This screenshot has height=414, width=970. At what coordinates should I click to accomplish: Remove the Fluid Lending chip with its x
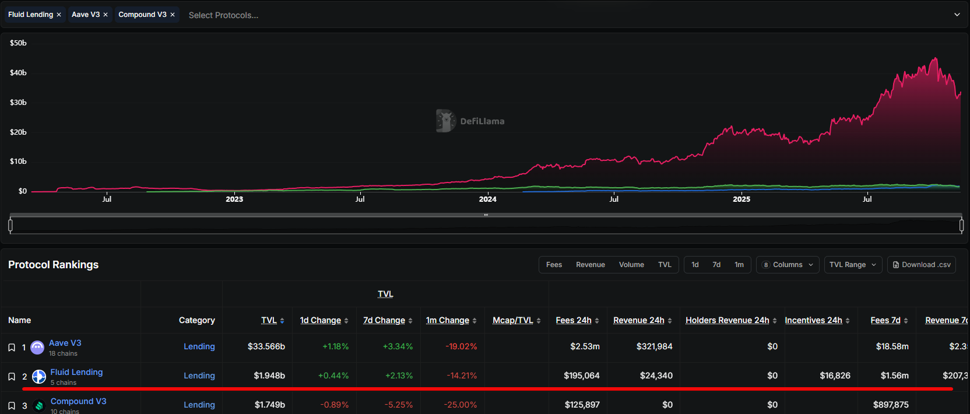59,15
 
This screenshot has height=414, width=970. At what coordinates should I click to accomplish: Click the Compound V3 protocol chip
142,15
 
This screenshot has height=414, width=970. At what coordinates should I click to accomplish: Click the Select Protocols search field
223,15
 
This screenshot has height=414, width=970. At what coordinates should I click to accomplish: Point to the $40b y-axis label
18,73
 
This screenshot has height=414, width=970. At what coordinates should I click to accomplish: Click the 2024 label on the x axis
487,199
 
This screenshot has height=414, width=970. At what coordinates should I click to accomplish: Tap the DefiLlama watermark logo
446,121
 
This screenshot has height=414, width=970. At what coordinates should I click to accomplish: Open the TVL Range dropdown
853,265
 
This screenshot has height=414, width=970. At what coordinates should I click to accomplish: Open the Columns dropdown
788,265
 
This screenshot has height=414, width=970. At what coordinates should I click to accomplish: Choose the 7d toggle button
716,265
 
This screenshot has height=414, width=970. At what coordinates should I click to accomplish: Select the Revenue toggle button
591,265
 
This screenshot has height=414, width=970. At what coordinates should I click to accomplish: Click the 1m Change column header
448,320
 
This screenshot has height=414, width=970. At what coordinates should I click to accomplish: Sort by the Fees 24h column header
574,320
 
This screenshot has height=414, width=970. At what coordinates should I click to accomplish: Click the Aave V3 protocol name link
65,343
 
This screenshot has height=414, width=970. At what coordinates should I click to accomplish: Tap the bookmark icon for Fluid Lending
12,377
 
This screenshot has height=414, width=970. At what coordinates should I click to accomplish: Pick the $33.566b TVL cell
266,346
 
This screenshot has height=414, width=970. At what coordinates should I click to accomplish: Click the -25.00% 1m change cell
461,405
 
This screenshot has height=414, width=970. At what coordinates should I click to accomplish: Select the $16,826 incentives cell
835,376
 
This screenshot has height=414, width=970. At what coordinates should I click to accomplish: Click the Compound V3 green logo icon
39,405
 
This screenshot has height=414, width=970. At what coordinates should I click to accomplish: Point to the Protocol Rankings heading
54,265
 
